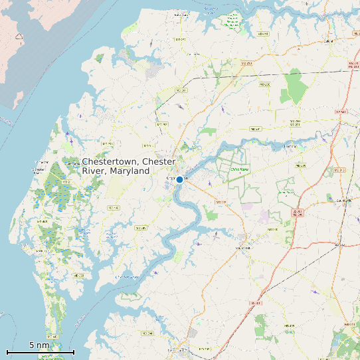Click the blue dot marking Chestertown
pos(179,179)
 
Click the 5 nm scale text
pos(39,345)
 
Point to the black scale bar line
pos(40,352)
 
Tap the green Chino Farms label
pos(238,169)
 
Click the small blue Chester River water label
pos(128,276)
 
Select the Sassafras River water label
pos(211,10)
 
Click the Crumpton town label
pos(290,145)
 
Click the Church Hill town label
pos(242,248)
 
